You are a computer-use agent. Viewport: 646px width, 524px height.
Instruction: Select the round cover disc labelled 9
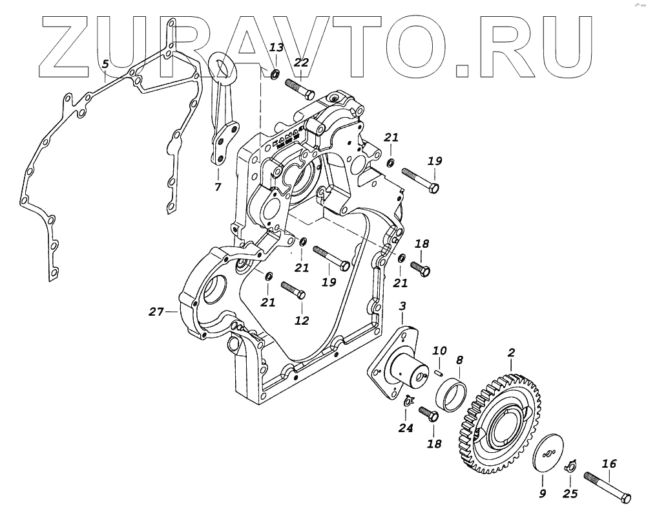pyautogui.click(x=548, y=453)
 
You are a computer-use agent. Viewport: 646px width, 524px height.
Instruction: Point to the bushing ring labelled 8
pyautogui.click(x=453, y=391)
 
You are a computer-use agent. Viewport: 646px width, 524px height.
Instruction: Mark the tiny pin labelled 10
pyautogui.click(x=438, y=371)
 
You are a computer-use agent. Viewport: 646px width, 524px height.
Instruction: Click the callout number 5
pyautogui.click(x=105, y=64)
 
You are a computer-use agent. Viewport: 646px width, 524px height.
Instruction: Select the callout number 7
pyautogui.click(x=218, y=187)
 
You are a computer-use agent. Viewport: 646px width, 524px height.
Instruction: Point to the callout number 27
pyautogui.click(x=156, y=312)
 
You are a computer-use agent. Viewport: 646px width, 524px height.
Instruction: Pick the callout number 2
pyautogui.click(x=511, y=353)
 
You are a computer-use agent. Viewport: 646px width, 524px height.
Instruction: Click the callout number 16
pyautogui.click(x=609, y=463)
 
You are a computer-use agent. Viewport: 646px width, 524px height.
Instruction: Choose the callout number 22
pyautogui.click(x=302, y=63)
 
